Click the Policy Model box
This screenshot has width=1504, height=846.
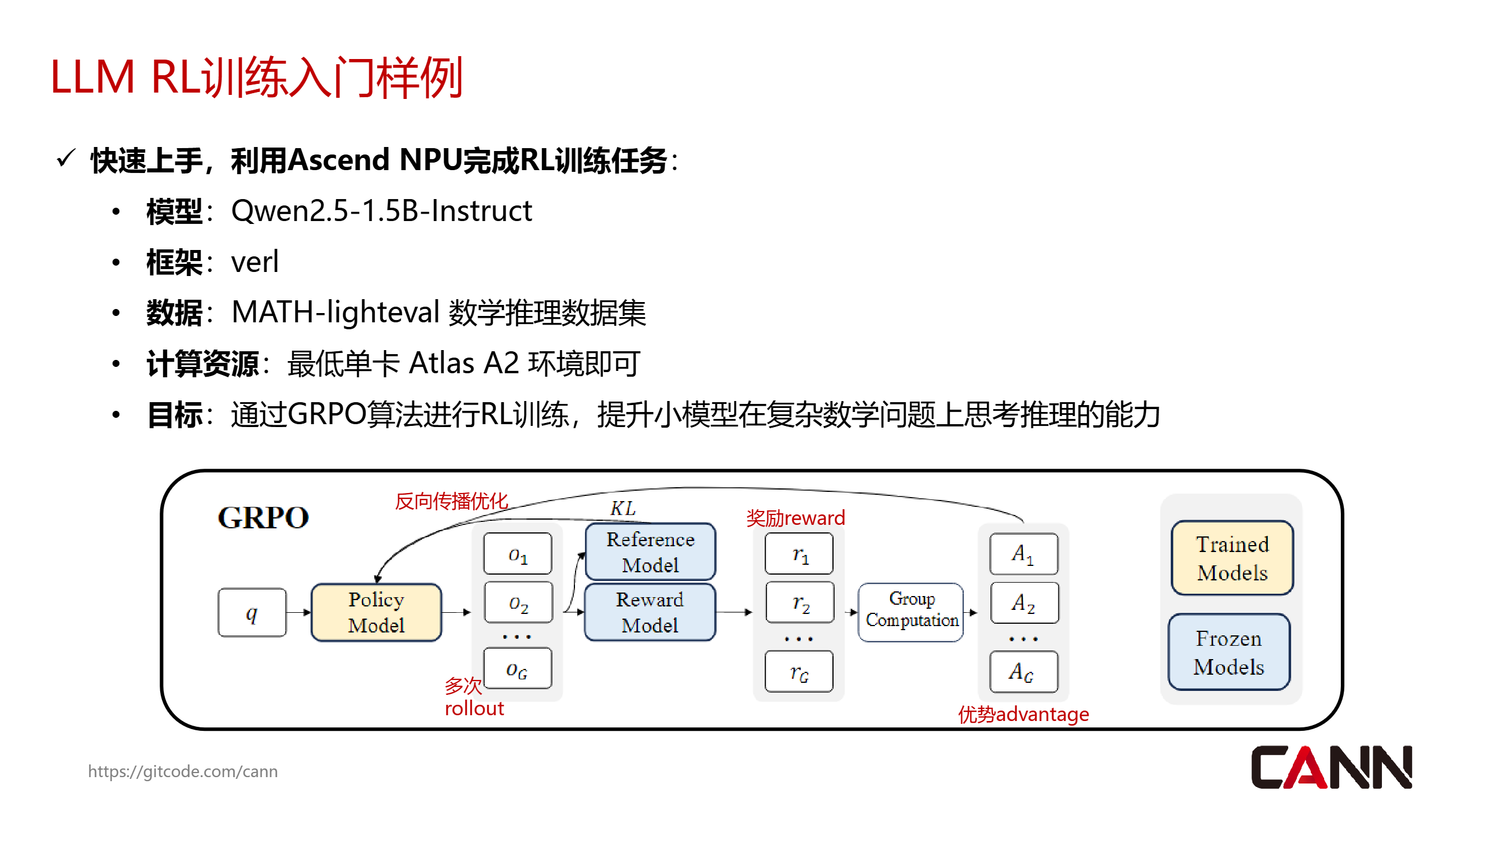pyautogui.click(x=376, y=612)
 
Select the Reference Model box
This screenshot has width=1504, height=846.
pyautogui.click(x=650, y=551)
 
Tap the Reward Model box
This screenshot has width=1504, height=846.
pyautogui.click(x=650, y=612)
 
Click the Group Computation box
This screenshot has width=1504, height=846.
pyautogui.click(x=911, y=610)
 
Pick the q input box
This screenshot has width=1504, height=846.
pyautogui.click(x=252, y=612)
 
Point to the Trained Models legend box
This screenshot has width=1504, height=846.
pyautogui.click(x=1232, y=558)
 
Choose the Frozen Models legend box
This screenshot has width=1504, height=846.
pyautogui.click(x=1229, y=652)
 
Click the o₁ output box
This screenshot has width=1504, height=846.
pyautogui.click(x=517, y=554)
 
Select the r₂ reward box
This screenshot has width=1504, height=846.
pyautogui.click(x=800, y=602)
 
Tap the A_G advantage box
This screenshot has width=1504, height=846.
pyautogui.click(x=1023, y=671)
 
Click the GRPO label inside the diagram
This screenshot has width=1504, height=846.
pyautogui.click(x=263, y=517)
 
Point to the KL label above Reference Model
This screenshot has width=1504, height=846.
pyautogui.click(x=622, y=508)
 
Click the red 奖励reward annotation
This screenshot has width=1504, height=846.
pyautogui.click(x=795, y=517)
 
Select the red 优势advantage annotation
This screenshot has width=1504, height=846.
pyautogui.click(x=1023, y=713)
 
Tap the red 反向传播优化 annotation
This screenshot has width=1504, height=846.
pyautogui.click(x=451, y=501)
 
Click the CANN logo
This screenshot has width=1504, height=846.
pyautogui.click(x=1331, y=767)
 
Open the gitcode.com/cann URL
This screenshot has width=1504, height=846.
pyautogui.click(x=183, y=771)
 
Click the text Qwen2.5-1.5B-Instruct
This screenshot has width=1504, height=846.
pyautogui.click(x=381, y=211)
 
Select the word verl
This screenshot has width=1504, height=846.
pyautogui.click(x=255, y=262)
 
